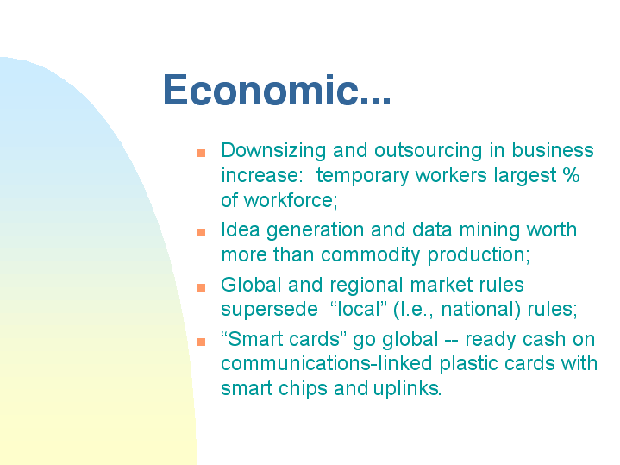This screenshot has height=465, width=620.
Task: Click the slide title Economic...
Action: click(x=277, y=90)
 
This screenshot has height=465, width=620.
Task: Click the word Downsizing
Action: click(x=273, y=151)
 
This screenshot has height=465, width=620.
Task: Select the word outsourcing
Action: click(x=429, y=151)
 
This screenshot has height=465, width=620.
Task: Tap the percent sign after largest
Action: click(x=571, y=174)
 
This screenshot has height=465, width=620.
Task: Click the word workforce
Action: click(x=291, y=200)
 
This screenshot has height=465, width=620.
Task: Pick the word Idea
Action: click(x=241, y=229)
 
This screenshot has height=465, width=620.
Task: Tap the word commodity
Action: click(x=371, y=255)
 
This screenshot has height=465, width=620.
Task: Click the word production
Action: click(x=479, y=255)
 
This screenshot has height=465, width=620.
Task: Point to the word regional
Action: click(x=366, y=286)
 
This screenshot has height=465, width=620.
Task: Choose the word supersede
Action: click(x=269, y=310)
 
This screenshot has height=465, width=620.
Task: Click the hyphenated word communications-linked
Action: click(x=327, y=363)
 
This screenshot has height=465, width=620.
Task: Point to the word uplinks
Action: click(x=407, y=388)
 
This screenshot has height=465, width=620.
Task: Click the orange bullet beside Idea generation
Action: click(x=201, y=232)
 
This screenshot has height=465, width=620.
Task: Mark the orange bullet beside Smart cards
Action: click(x=201, y=342)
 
